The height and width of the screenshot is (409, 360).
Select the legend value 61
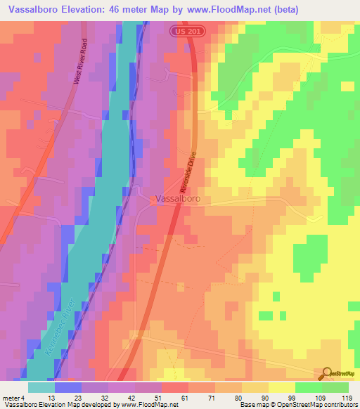coord(184,397)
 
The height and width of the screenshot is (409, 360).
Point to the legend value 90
coord(264,397)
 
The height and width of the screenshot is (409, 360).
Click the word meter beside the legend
coord(11,397)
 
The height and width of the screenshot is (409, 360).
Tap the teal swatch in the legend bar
coord(41,387)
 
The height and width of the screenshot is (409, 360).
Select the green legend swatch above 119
coord(335,387)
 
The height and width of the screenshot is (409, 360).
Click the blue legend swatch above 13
coord(67,387)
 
